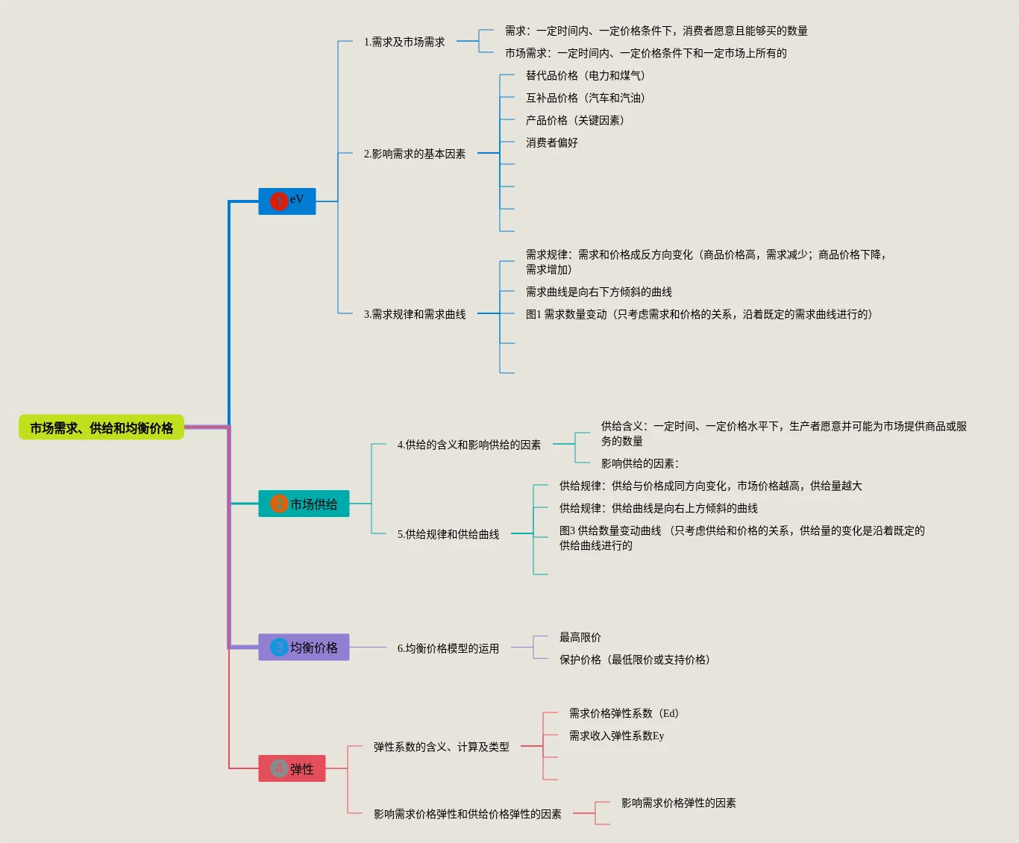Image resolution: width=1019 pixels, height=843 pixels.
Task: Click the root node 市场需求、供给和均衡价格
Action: coord(101,427)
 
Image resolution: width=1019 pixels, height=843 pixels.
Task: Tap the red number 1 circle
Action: coord(279,201)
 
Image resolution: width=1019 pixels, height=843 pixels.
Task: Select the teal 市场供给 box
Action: coord(304,504)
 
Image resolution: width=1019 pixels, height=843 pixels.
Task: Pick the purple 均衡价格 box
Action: coord(304,647)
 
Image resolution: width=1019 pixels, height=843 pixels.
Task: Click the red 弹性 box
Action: coord(292,768)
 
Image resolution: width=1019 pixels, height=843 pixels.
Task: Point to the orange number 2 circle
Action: coord(279,504)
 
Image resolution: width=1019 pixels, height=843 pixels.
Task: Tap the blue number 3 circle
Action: coord(279,648)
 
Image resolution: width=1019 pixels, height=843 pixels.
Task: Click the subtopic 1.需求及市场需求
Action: coord(404,42)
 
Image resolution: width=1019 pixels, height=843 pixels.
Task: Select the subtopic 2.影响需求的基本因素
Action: coord(414,154)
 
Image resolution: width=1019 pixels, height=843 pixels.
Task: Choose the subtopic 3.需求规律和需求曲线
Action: coord(414,314)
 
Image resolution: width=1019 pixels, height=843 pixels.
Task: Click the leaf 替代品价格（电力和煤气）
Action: coord(586,75)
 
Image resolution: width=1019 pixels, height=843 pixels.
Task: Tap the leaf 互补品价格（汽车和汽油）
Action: coord(586,98)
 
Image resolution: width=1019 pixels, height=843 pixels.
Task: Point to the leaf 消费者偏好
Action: coord(551,142)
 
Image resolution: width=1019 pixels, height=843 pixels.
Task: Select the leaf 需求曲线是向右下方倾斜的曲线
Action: coord(598,292)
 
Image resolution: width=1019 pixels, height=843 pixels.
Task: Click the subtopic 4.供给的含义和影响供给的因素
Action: coord(468,445)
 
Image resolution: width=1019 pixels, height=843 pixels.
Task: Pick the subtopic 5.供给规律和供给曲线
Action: coord(448,534)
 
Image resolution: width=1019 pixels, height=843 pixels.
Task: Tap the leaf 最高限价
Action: coord(580,637)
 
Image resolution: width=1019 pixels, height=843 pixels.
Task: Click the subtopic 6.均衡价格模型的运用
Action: coord(448,648)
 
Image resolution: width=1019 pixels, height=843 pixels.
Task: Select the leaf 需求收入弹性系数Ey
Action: coord(616,736)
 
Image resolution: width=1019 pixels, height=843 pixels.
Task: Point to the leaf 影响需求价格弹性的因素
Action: coord(678,803)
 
